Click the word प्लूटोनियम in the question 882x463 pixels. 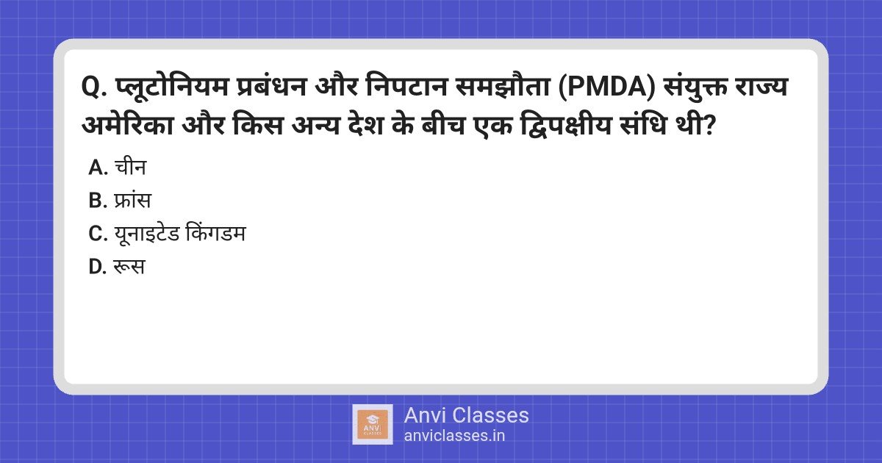(x=172, y=87)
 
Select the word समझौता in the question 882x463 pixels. (x=502, y=87)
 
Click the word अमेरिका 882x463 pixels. (x=128, y=126)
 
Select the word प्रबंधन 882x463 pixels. (x=272, y=87)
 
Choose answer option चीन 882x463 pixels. (x=130, y=168)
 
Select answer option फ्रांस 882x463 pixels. (x=133, y=201)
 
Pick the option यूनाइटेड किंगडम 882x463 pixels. (x=180, y=233)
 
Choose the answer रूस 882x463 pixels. (x=129, y=267)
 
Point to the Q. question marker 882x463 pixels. (x=94, y=87)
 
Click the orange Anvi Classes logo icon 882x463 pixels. (x=373, y=424)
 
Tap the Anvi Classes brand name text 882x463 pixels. (x=466, y=415)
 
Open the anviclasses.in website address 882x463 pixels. (x=454, y=436)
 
